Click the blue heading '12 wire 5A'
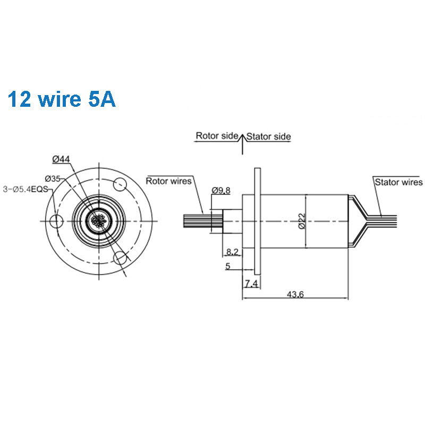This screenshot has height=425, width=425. [62, 99]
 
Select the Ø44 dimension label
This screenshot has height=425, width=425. [62, 159]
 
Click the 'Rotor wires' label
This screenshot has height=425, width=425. [169, 181]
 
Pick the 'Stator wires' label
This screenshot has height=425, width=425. [398, 182]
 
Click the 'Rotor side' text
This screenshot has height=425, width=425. [216, 136]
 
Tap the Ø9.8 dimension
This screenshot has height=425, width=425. [220, 190]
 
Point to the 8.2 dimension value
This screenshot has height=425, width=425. [232, 251]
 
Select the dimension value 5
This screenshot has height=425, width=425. [227, 267]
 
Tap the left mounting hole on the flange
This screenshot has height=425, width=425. [55, 220]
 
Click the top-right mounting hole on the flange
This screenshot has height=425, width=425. [120, 185]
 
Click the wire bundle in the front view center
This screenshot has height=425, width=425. [98, 220]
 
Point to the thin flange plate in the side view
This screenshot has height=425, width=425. [258, 219]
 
